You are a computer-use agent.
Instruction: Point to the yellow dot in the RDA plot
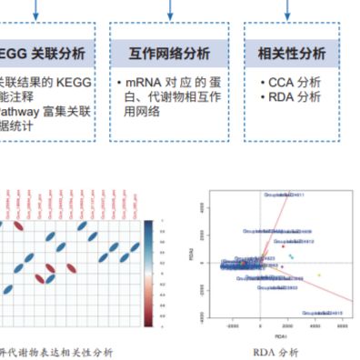[x=318, y=275]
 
